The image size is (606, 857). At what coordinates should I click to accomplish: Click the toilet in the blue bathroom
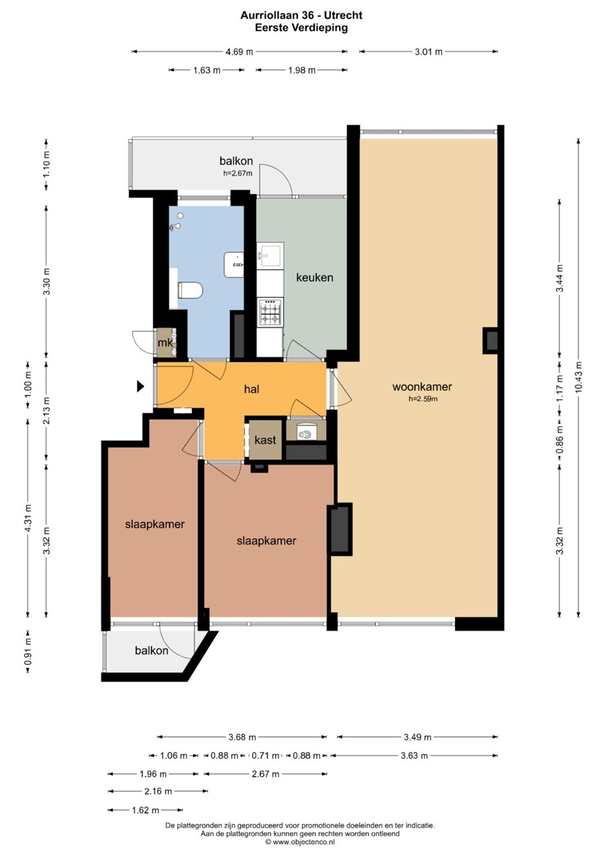tap(190, 290)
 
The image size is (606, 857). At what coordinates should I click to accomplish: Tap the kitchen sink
tap(270, 255)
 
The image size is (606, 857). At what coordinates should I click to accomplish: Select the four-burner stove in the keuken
tap(270, 312)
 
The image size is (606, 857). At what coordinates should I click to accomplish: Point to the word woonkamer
tap(422, 386)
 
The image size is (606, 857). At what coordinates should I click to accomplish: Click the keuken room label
tap(314, 277)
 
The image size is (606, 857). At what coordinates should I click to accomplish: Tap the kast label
tap(265, 440)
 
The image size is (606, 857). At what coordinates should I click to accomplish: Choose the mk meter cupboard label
tap(165, 342)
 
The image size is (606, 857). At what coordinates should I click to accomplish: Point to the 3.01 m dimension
tap(429, 52)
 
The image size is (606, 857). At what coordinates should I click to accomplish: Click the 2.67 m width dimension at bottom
tap(265, 774)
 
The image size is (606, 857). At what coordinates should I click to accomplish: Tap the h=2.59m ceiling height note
tap(423, 399)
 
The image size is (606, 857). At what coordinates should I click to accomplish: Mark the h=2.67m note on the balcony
tap(238, 173)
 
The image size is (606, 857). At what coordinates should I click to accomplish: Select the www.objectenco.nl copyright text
tap(300, 842)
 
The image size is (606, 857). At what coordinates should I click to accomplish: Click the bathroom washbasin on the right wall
tap(234, 264)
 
